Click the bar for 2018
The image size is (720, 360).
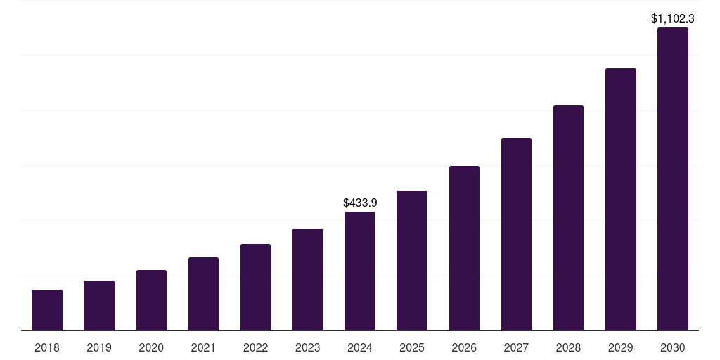[47, 310]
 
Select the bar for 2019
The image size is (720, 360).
[99, 306]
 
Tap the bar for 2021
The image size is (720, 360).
[203, 294]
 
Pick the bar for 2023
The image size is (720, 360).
[308, 280]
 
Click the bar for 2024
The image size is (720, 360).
[360, 271]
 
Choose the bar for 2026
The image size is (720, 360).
[464, 248]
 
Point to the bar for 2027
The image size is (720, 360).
[516, 234]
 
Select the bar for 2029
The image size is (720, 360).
[621, 200]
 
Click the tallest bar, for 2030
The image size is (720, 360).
[673, 179]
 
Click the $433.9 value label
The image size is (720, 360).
[360, 202]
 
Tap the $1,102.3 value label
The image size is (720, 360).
[673, 19]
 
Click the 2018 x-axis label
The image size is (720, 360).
[47, 347]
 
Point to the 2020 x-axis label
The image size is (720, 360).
[151, 347]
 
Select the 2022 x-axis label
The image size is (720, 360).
[255, 347]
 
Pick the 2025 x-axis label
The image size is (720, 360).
[412, 347]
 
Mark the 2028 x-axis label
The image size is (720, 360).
[568, 347]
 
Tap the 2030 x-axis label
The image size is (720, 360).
[673, 347]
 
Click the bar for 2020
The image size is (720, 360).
[151, 300]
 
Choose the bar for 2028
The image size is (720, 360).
[568, 218]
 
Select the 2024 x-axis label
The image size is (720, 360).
[360, 347]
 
